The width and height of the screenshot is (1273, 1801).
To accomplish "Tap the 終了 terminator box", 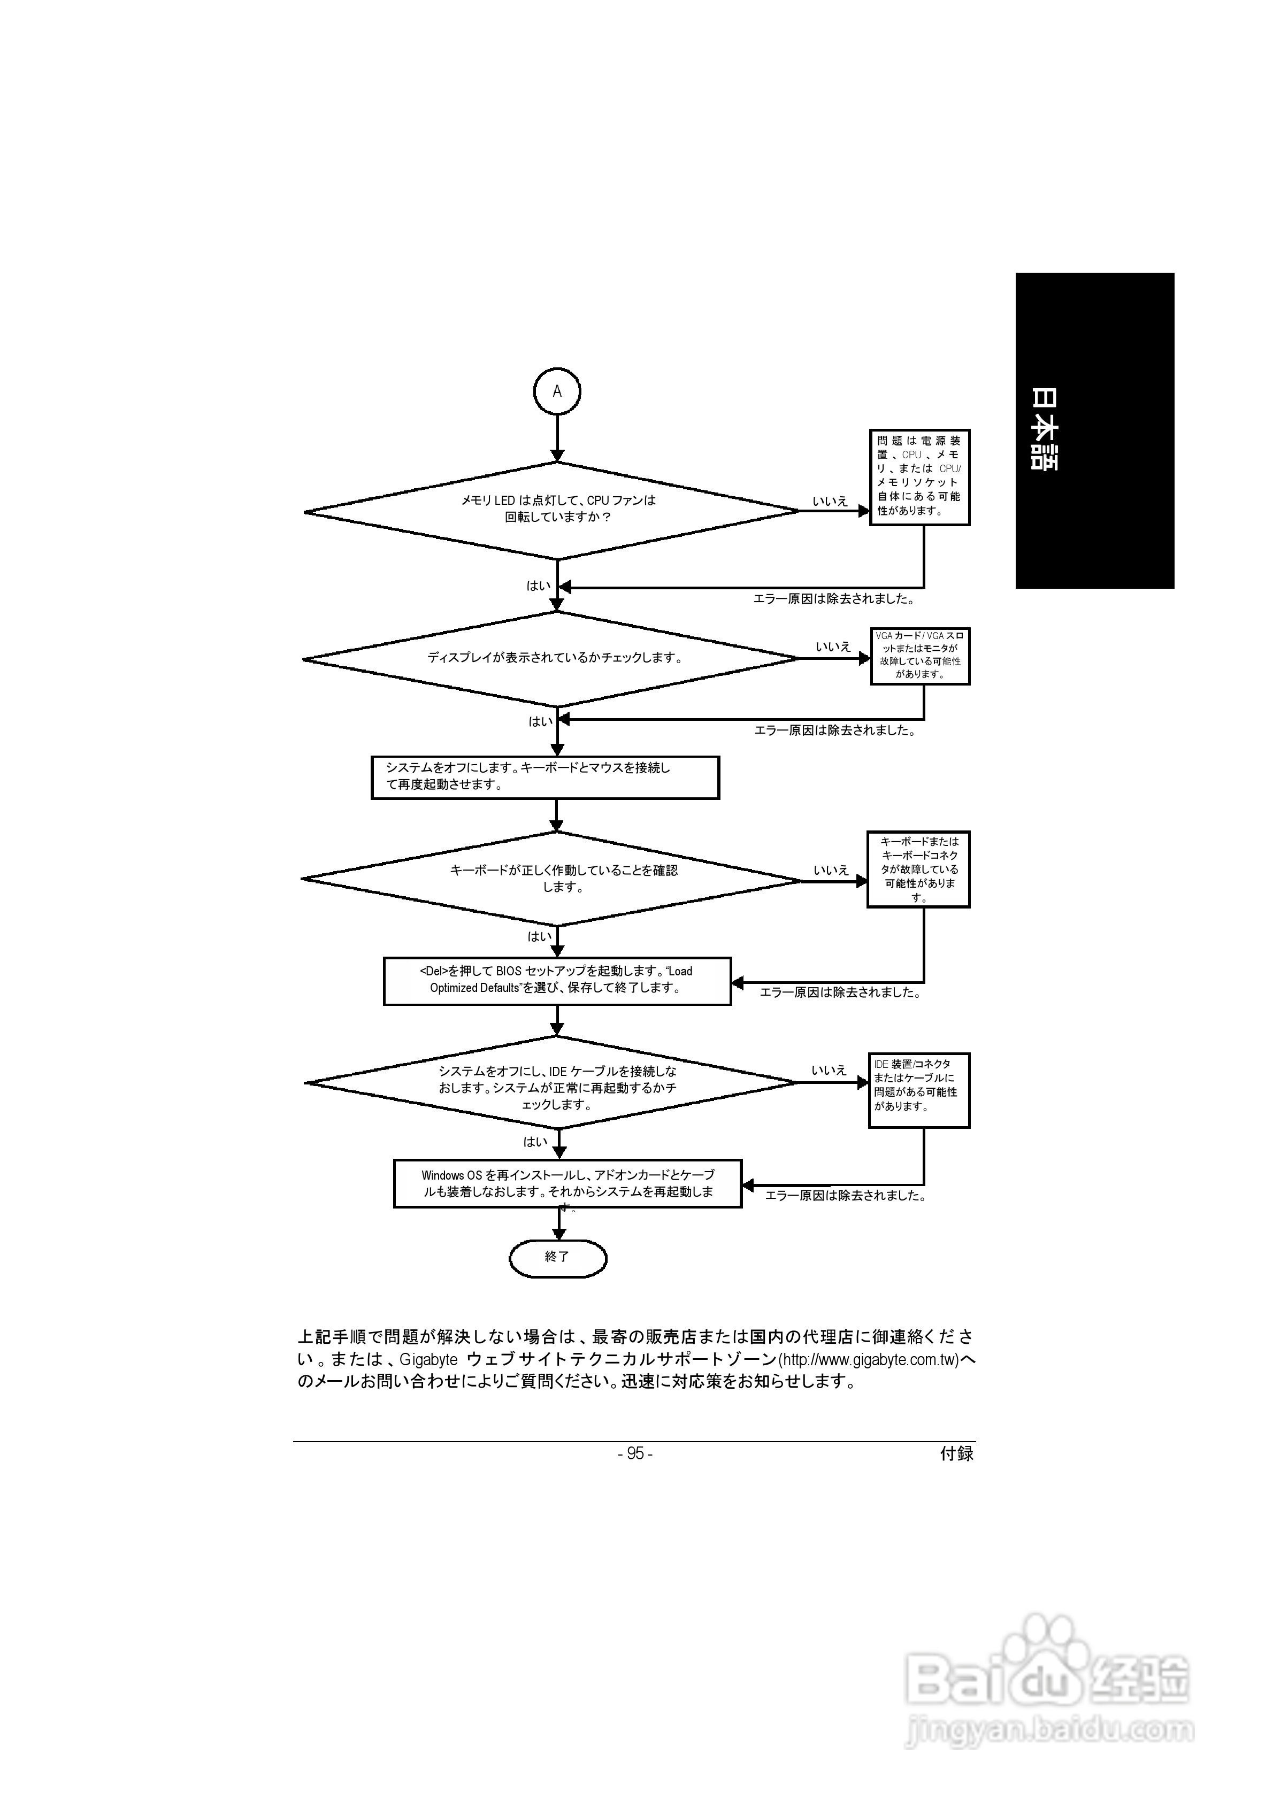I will point(557,1258).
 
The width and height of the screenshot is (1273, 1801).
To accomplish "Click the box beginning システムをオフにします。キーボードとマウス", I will point(545,776).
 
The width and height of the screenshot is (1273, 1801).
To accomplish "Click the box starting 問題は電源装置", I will point(919,477).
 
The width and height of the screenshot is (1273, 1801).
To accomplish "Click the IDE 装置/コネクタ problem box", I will point(918,1090).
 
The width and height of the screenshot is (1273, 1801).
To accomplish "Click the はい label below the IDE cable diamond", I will point(535,1142).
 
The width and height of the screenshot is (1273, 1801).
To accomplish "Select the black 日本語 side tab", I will point(1094,430).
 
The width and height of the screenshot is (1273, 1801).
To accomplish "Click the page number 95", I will point(635,1453).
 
